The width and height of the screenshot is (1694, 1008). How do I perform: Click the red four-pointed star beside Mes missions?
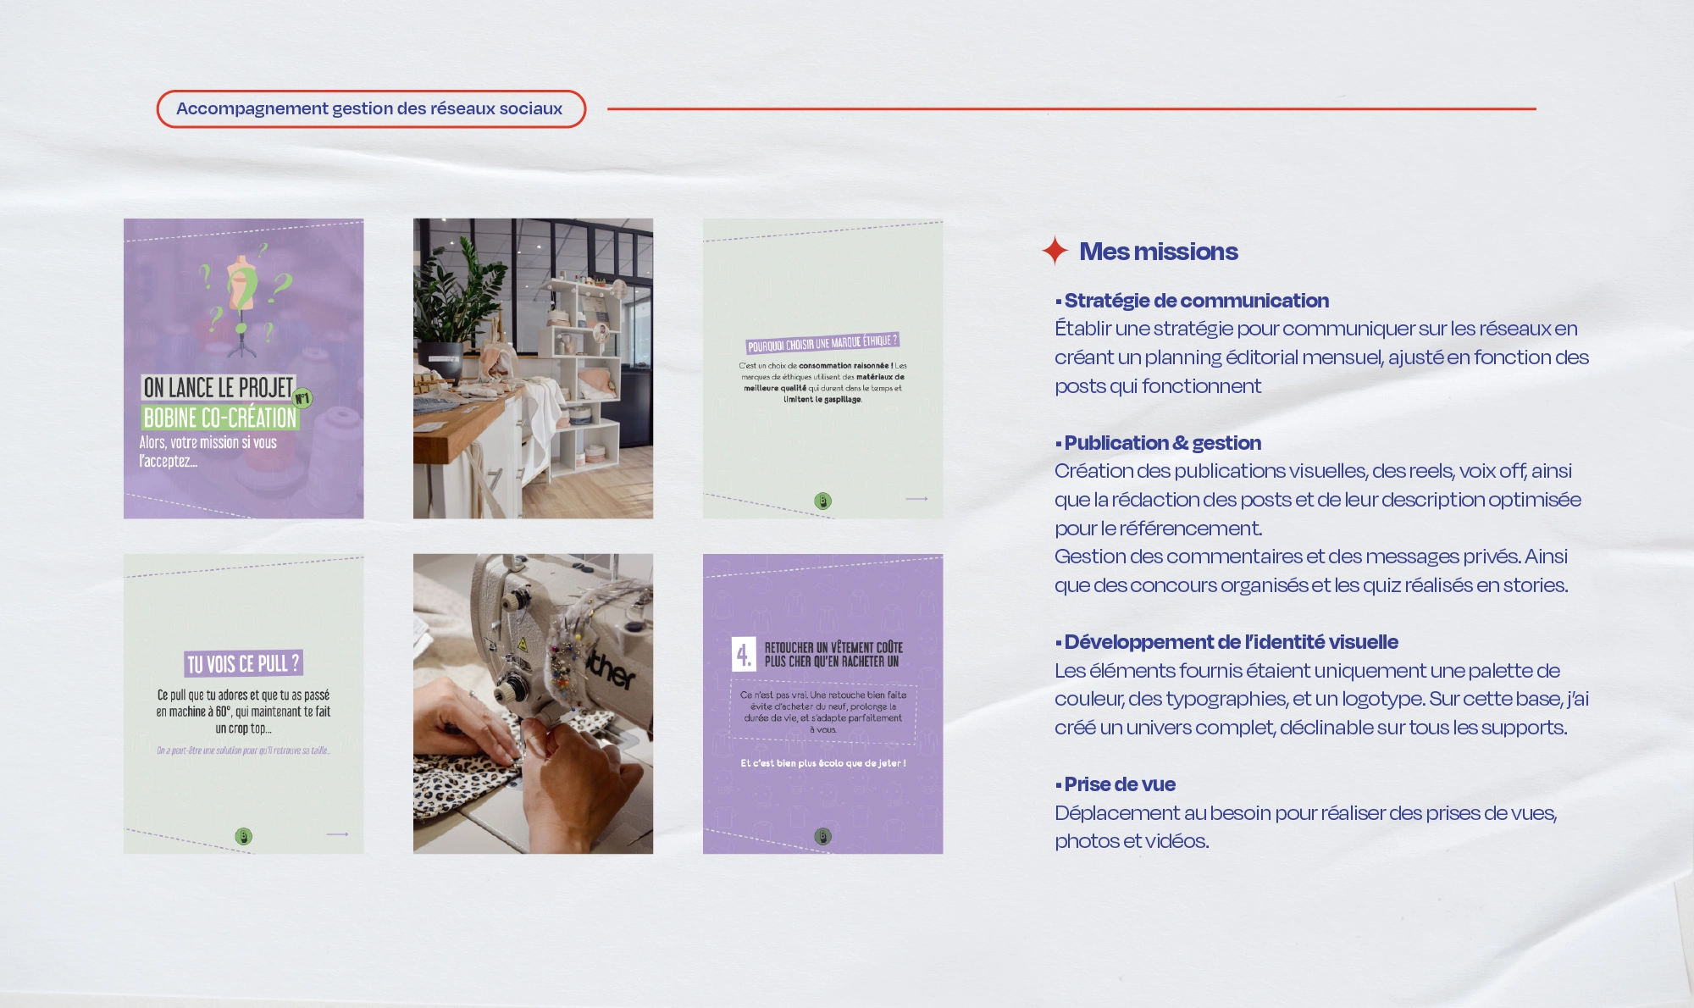[x=1055, y=251]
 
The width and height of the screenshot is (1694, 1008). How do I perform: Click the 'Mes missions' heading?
[x=1158, y=252]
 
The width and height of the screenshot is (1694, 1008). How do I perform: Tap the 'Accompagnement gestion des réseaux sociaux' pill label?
[x=369, y=109]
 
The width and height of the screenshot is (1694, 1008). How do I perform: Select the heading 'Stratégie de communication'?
[x=1196, y=301]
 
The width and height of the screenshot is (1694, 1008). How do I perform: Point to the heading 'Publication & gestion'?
[x=1162, y=443]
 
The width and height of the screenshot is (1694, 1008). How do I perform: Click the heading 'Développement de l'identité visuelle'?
[x=1231, y=642]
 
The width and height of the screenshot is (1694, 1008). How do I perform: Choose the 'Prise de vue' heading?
[x=1119, y=784]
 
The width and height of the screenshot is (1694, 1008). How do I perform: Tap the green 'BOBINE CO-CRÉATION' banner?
[x=220, y=418]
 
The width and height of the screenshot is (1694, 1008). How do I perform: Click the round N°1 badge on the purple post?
[x=302, y=397]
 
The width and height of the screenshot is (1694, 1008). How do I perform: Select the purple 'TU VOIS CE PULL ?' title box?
[x=243, y=663]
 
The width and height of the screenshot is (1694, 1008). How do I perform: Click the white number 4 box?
[x=743, y=654]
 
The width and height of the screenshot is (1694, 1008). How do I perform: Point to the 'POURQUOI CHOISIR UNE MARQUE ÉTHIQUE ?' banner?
[x=822, y=343]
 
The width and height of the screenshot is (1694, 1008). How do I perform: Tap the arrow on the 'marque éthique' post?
[x=916, y=499]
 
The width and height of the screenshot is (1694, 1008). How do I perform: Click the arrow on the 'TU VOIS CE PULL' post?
[x=337, y=834]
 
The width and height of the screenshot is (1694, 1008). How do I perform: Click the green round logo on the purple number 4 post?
[x=822, y=836]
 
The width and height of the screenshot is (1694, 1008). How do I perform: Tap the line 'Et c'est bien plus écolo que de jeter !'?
[x=822, y=763]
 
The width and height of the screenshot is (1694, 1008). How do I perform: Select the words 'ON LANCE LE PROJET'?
[x=218, y=388]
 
